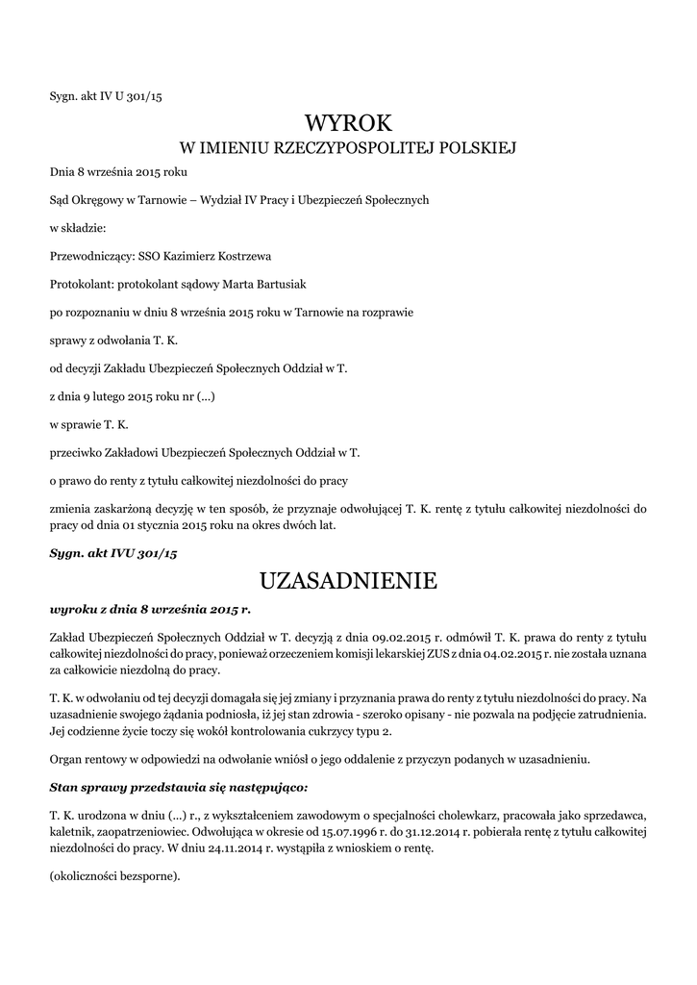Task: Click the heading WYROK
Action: [x=349, y=122]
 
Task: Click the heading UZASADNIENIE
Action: [x=348, y=580]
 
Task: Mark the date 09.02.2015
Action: [x=402, y=636]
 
